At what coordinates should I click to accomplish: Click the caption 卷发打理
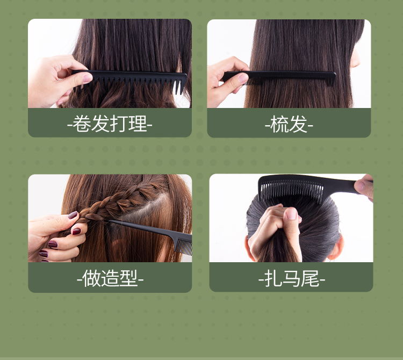(110, 124)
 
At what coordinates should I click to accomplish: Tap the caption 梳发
(289, 124)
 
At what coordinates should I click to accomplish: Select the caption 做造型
(110, 278)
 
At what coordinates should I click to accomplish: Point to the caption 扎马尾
(291, 278)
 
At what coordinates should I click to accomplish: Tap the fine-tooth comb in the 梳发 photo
(279, 77)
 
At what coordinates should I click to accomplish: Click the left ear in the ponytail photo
(249, 244)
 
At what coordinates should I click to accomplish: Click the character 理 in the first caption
(138, 124)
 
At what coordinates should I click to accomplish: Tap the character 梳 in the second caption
(279, 124)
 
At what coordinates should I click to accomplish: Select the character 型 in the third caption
(128, 278)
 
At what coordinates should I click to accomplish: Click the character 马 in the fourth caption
(292, 278)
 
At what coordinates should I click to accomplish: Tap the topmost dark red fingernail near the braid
(73, 215)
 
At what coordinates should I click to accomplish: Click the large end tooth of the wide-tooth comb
(181, 86)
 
